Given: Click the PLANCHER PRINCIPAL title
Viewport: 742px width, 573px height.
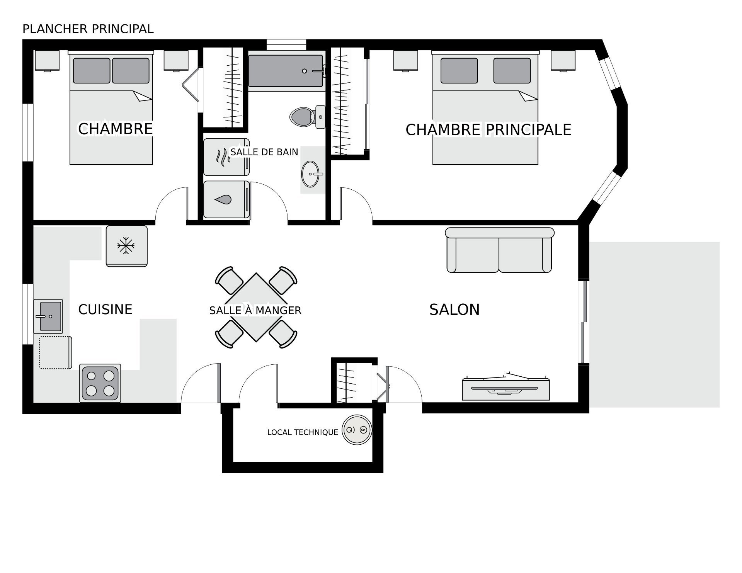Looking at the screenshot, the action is [x=88, y=29].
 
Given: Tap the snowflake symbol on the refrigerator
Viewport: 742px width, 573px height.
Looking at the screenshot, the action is [x=126, y=246].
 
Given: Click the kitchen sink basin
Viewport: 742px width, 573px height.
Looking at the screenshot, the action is [x=51, y=316].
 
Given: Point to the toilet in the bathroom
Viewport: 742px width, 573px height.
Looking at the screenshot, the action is [x=308, y=117].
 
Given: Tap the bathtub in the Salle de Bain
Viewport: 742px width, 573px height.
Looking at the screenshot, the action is [x=286, y=71].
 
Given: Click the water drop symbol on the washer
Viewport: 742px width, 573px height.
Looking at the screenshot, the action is [x=224, y=199].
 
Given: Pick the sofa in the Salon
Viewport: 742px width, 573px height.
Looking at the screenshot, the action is [x=499, y=250].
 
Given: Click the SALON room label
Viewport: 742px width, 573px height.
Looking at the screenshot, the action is [x=454, y=309].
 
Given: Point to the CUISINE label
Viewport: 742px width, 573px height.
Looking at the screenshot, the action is [x=105, y=309].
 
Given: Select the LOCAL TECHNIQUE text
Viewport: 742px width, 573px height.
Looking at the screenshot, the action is [x=303, y=432].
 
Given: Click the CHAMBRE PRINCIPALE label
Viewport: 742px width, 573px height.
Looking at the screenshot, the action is [x=488, y=130].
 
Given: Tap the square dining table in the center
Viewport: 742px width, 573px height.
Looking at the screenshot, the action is [x=256, y=307].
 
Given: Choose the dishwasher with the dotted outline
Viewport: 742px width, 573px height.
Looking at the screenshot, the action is [x=56, y=352].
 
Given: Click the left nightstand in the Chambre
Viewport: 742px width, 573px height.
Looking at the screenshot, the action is [x=47, y=61].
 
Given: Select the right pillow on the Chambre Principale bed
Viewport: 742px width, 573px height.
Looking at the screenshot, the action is [x=512, y=71].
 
